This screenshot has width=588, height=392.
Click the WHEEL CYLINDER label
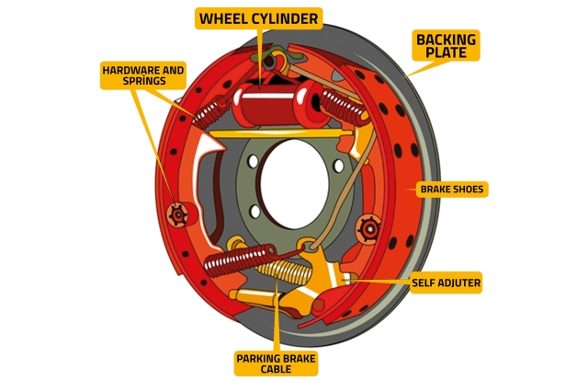click(x=259, y=18)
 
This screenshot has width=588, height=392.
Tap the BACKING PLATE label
click(x=447, y=45)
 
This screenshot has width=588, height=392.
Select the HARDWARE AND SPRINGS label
click(x=143, y=75)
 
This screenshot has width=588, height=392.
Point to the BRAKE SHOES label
click(x=451, y=190)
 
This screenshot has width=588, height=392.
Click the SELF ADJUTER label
click(x=446, y=282)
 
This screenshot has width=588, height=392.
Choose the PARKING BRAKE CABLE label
click(x=276, y=363)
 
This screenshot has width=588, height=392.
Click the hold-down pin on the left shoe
click(x=176, y=213)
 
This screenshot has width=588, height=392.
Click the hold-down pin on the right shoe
click(x=369, y=225)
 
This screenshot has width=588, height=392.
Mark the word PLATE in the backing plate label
click(x=447, y=53)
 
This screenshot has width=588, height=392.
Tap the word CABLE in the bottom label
click(x=276, y=369)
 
